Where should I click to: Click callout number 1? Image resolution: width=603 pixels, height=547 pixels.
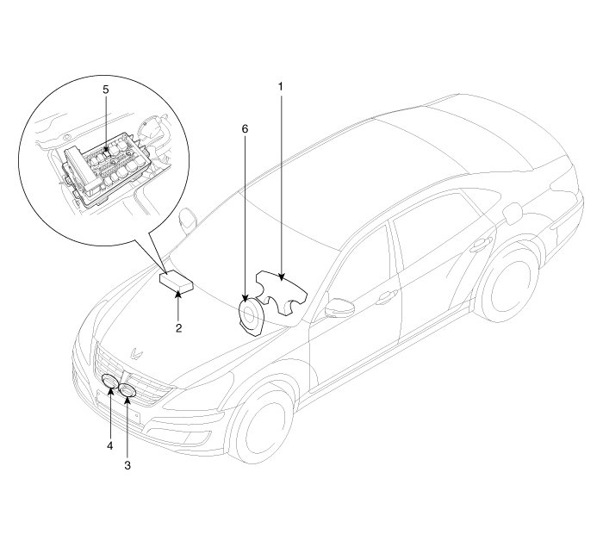click(x=280, y=86)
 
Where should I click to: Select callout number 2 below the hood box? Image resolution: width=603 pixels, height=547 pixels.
click(x=177, y=327)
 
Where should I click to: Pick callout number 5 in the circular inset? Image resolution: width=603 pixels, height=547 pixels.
click(x=105, y=89)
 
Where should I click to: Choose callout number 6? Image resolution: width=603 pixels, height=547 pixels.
click(x=246, y=127)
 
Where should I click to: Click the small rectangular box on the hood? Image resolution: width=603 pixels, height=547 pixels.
click(x=176, y=282)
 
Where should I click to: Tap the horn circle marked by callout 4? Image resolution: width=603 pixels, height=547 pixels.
click(x=112, y=385)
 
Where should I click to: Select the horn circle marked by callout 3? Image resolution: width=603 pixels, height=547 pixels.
click(x=128, y=392)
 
